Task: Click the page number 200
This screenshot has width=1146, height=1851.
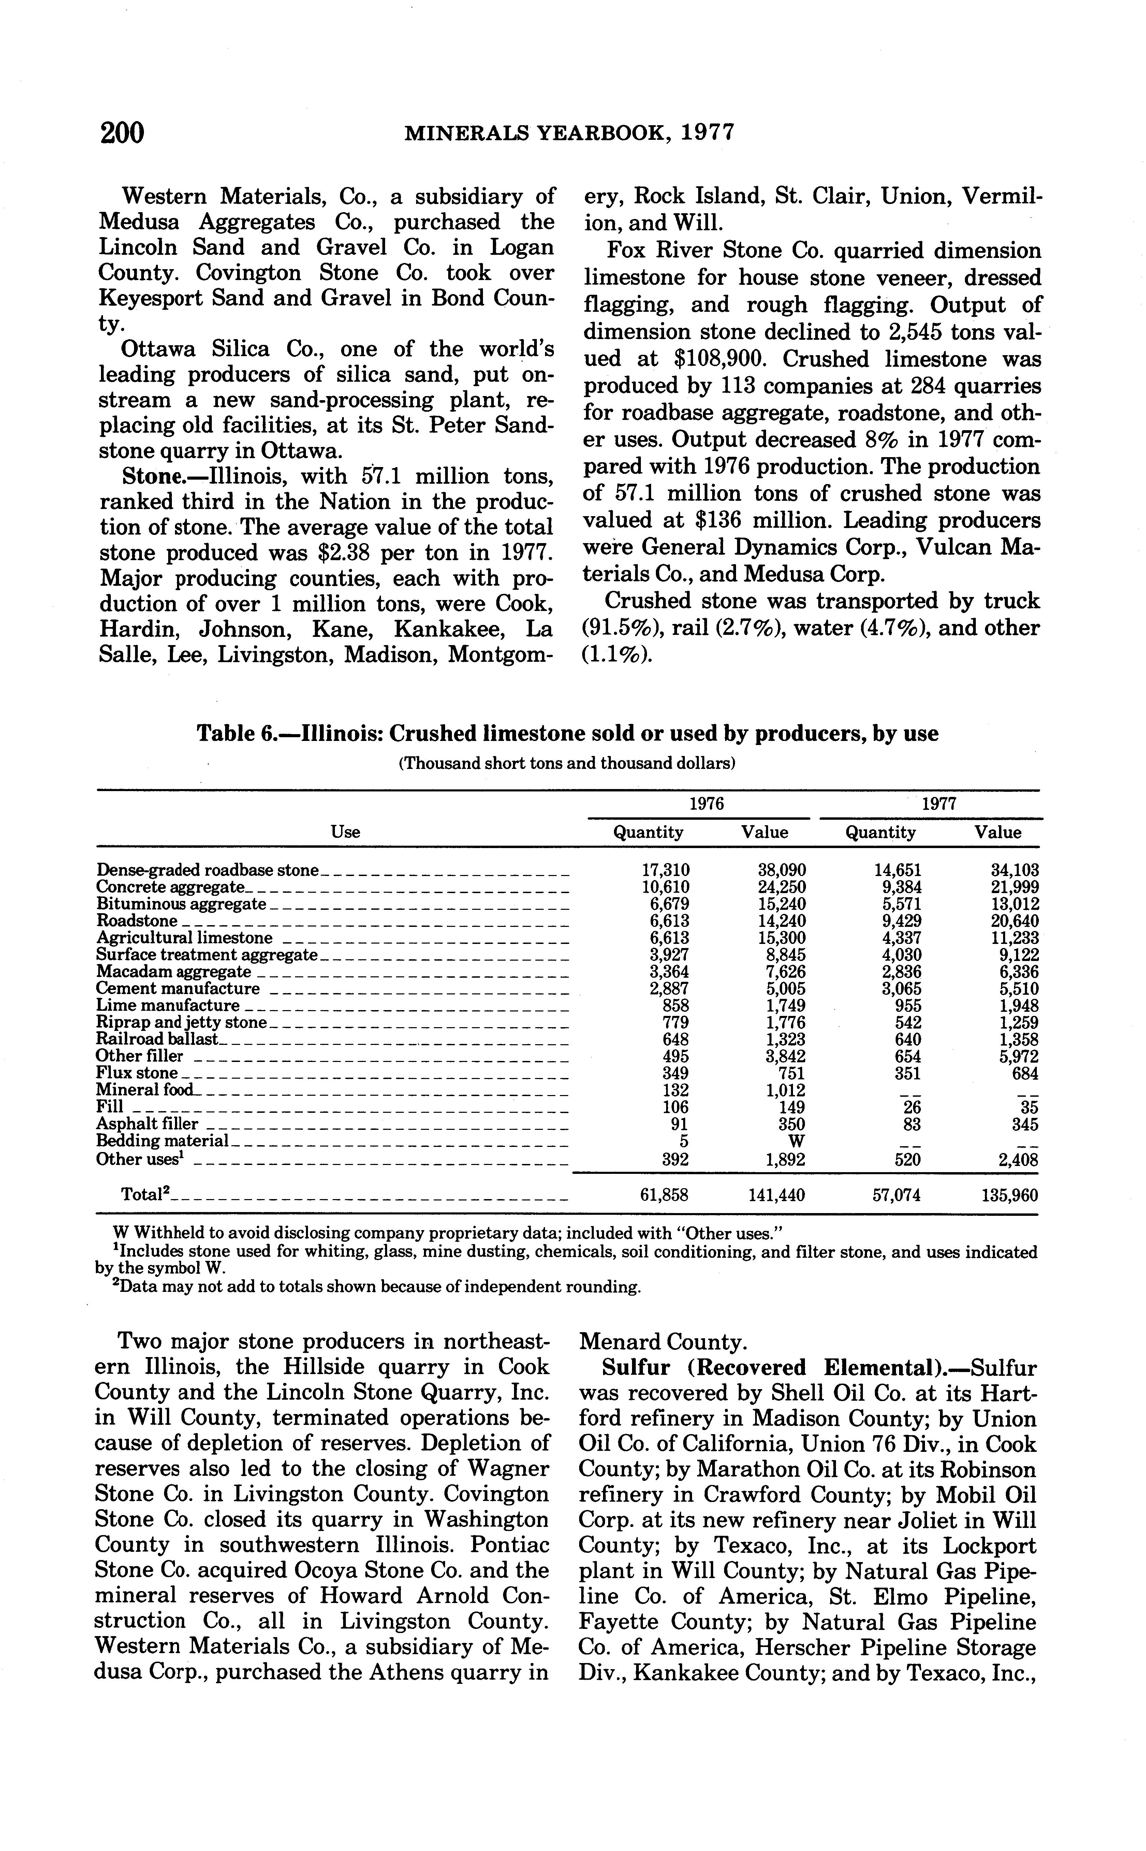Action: click(x=122, y=133)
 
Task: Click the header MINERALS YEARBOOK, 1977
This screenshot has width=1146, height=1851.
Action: click(x=570, y=133)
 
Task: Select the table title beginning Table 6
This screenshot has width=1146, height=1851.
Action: click(x=568, y=734)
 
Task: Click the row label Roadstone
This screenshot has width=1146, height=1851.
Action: click(x=137, y=921)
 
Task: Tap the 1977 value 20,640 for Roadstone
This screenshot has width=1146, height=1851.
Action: click(x=1014, y=921)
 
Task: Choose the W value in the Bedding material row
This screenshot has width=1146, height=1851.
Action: click(x=796, y=1141)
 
